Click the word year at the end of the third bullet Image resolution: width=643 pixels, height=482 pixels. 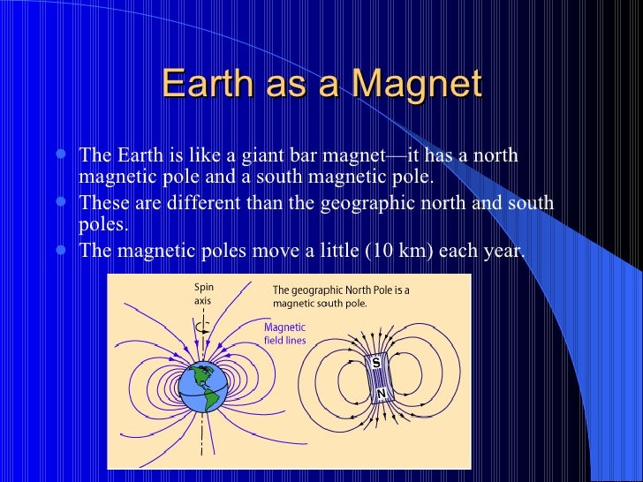502,251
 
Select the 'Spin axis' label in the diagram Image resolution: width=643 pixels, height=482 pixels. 203,293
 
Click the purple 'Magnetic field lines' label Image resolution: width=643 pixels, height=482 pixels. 285,334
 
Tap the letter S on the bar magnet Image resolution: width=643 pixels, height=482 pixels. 375,363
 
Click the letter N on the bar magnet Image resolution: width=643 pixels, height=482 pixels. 380,394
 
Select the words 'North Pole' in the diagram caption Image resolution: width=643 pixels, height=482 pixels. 374,290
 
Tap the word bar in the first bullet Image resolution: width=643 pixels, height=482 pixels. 299,156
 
